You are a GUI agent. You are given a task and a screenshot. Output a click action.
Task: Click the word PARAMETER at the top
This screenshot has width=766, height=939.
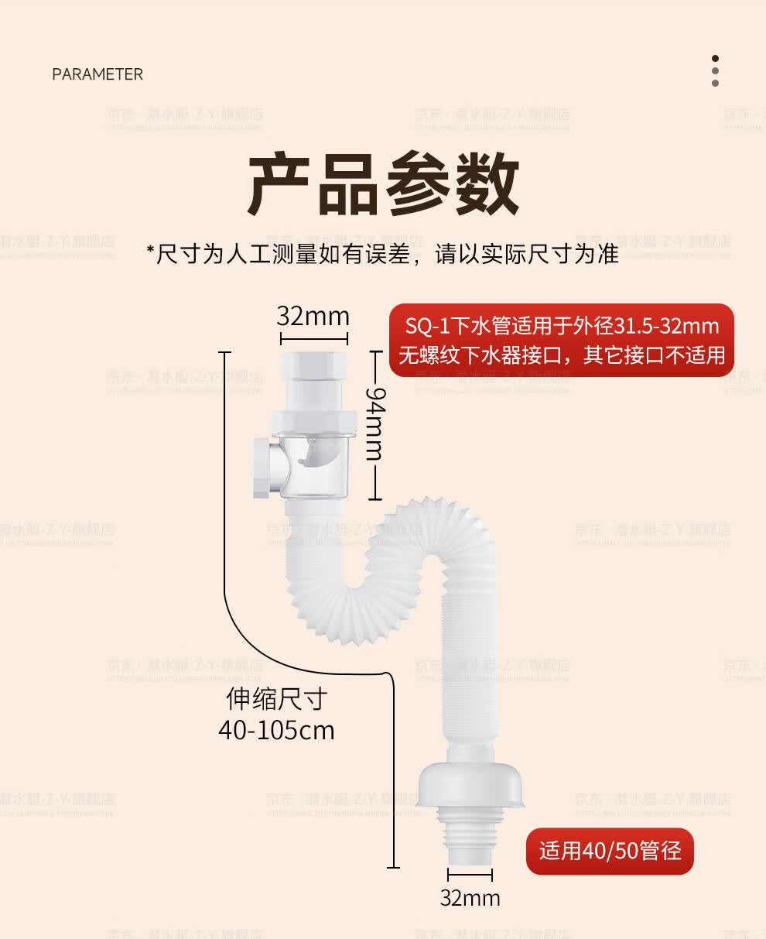[x=97, y=74]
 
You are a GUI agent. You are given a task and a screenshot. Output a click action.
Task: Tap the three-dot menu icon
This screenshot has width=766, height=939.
[x=715, y=70]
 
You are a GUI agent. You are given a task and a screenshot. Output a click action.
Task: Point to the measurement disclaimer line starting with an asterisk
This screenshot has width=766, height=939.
[x=383, y=253]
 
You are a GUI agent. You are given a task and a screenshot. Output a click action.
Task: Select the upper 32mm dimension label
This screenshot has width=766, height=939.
[x=313, y=316]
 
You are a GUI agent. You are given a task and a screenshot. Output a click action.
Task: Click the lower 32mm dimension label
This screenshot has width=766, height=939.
[x=470, y=897]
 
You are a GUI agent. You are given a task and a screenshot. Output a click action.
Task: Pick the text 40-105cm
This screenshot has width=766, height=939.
[x=276, y=730]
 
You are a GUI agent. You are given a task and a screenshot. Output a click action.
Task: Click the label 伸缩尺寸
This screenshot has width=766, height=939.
[x=276, y=699]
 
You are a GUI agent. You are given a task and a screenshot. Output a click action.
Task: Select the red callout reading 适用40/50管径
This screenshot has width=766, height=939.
[x=610, y=851]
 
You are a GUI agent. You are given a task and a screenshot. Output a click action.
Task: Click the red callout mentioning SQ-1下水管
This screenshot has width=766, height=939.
[x=561, y=340]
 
